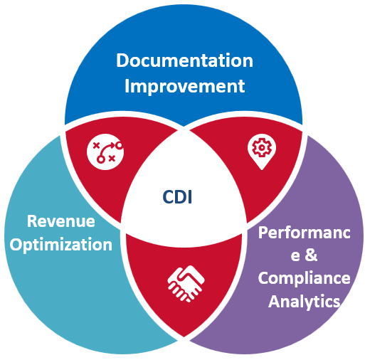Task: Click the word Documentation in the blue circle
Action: [184, 60]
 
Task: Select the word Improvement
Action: [184, 86]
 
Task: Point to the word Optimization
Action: [61, 245]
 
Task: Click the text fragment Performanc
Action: [303, 233]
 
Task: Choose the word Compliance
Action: [304, 277]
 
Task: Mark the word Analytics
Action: [304, 301]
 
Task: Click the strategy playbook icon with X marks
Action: [105, 151]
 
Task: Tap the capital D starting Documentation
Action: [122, 60]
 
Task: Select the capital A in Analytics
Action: [274, 301]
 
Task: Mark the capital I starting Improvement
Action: [127, 86]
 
